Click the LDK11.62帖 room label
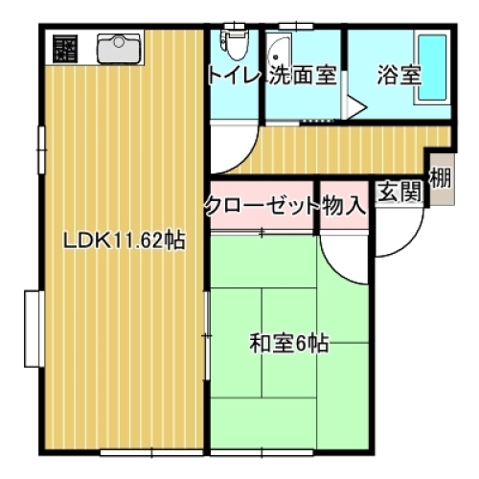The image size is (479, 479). pyautogui.click(x=124, y=241)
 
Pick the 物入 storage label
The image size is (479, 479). pyautogui.click(x=342, y=204)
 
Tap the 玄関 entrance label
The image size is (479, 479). pyautogui.click(x=399, y=192)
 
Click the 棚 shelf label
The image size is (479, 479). pyautogui.click(x=441, y=177)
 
